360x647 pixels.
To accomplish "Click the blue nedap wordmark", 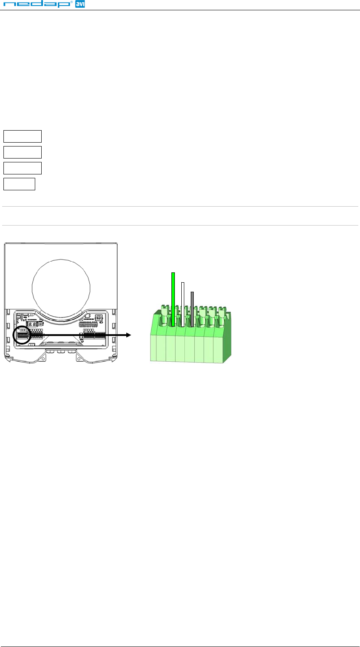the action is click(37, 4).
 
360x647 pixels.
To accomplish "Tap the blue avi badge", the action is click(80, 4).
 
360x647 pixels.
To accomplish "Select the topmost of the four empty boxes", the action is click(22, 136).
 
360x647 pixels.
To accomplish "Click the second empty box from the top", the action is click(22, 152).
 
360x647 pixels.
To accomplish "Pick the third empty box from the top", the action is click(22, 168).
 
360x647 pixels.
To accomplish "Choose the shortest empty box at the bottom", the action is click(19, 184).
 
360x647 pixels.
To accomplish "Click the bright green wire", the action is click(173, 299).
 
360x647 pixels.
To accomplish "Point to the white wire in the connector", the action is click(183, 305).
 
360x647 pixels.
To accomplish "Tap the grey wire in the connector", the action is click(192, 309).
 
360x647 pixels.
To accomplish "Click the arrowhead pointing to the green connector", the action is click(129, 335).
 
